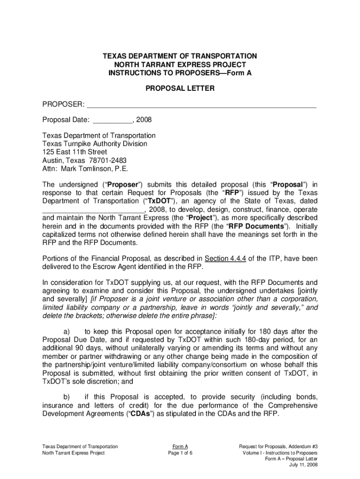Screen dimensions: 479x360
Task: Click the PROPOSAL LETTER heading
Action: (180, 88)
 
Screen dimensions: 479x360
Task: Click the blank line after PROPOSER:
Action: (202, 104)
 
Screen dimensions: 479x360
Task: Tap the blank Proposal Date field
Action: (113, 120)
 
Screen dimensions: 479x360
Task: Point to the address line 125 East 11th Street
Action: (75, 152)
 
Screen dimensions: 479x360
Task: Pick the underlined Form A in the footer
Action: (180, 447)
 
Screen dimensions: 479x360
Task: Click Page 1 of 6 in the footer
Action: (180, 453)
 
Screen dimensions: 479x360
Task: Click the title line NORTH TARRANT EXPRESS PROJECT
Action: (180, 65)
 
